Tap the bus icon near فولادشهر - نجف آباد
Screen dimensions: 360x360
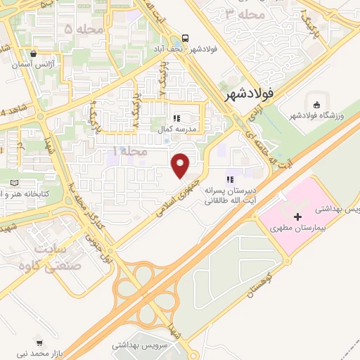coord(184,38)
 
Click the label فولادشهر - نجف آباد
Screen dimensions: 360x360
coord(176,50)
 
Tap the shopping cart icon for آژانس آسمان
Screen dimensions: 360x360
coord(33,53)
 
